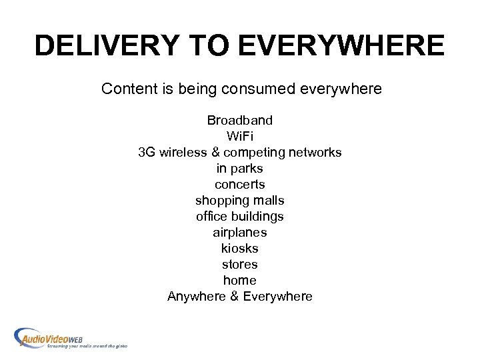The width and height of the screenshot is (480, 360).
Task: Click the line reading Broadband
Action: click(x=240, y=121)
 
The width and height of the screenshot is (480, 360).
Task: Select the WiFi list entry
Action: click(x=240, y=137)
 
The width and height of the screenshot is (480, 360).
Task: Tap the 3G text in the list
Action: click(x=147, y=153)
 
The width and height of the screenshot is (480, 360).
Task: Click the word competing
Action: click(x=257, y=153)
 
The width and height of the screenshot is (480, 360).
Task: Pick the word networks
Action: click(x=315, y=153)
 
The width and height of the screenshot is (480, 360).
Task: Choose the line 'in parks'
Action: click(x=240, y=169)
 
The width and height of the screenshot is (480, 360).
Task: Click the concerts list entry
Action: click(x=240, y=185)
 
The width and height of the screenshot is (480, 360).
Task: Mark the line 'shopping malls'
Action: click(x=240, y=201)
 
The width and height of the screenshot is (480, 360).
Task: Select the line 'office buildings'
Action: click(x=240, y=217)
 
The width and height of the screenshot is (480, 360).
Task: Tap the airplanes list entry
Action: click(x=240, y=233)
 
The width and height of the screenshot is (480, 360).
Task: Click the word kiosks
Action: click(x=240, y=249)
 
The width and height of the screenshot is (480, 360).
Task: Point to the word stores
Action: click(x=240, y=265)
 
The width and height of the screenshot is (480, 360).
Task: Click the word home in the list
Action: click(x=240, y=281)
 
